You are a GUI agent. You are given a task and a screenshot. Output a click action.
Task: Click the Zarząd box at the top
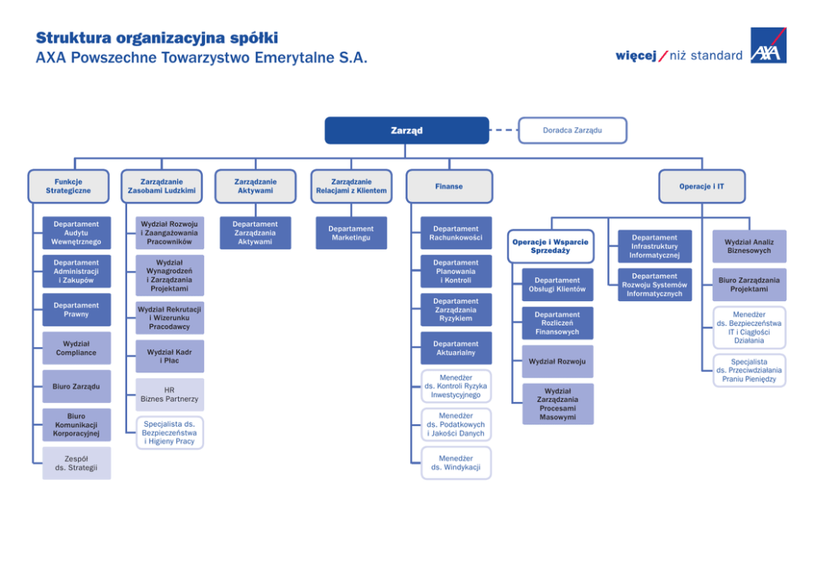(406, 130)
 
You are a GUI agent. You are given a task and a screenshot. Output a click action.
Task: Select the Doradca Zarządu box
(572, 130)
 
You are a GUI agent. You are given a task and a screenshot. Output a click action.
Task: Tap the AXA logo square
(768, 46)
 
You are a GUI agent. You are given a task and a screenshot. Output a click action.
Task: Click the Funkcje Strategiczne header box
(68, 186)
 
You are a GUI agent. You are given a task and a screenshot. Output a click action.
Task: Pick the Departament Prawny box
(76, 309)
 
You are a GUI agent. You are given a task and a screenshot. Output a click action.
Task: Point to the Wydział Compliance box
(76, 348)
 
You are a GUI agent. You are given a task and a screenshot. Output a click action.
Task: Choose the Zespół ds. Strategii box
(76, 464)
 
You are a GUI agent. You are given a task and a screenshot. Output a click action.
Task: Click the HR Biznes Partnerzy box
(169, 395)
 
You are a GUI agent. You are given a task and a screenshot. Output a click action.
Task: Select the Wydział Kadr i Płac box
(169, 356)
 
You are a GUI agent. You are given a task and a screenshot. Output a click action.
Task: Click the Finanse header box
(449, 186)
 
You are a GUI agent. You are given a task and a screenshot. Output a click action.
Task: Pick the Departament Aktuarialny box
(455, 348)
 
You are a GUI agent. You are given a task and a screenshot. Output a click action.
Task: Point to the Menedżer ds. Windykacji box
(455, 463)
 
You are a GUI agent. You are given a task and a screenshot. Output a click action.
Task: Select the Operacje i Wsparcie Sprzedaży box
(550, 246)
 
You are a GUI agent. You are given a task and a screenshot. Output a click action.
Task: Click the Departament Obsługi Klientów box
(557, 285)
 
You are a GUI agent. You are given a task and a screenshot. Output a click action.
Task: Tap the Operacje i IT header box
(702, 186)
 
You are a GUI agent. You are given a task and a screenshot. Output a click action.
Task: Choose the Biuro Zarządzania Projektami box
(749, 284)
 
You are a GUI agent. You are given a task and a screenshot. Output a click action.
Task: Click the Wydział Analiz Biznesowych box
(749, 245)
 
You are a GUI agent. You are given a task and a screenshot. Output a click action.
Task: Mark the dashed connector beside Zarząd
(504, 130)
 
